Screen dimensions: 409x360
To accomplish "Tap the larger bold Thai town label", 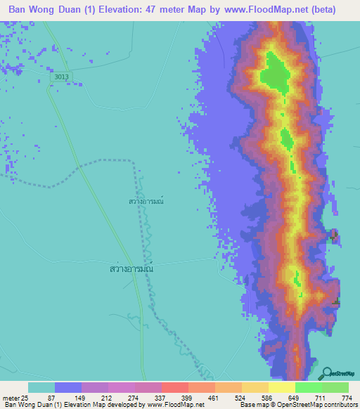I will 131,268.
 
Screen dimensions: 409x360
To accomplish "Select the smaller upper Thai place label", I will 146,201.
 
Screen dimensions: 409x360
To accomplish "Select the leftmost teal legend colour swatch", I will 41,387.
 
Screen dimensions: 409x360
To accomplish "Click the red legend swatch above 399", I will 175,387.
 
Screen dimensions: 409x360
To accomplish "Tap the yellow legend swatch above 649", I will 282,387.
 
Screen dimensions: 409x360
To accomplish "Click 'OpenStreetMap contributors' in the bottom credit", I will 319,405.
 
